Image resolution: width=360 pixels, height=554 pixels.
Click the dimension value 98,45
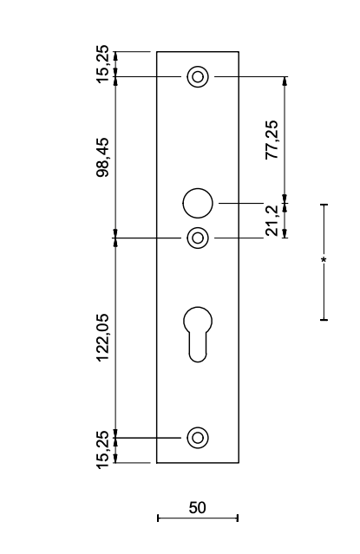[x=103, y=157]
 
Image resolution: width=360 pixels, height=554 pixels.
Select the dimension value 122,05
[x=103, y=337]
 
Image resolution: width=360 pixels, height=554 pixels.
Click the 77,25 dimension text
[x=272, y=140]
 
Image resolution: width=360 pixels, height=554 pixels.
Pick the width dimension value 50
[x=197, y=508]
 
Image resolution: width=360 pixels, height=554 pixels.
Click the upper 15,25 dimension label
[x=103, y=64]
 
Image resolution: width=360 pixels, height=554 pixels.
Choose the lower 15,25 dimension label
[x=103, y=450]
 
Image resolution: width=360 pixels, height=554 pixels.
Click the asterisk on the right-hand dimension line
[x=324, y=260]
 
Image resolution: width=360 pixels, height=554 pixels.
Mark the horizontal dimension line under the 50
[x=198, y=518]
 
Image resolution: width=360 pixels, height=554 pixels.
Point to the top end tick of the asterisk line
[x=324, y=205]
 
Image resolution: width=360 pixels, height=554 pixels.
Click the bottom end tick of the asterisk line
[x=324, y=320]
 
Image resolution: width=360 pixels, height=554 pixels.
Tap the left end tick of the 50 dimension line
[x=158, y=518]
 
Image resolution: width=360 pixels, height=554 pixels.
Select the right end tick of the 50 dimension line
[x=238, y=518]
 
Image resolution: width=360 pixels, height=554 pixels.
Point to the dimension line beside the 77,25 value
[x=285, y=140]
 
